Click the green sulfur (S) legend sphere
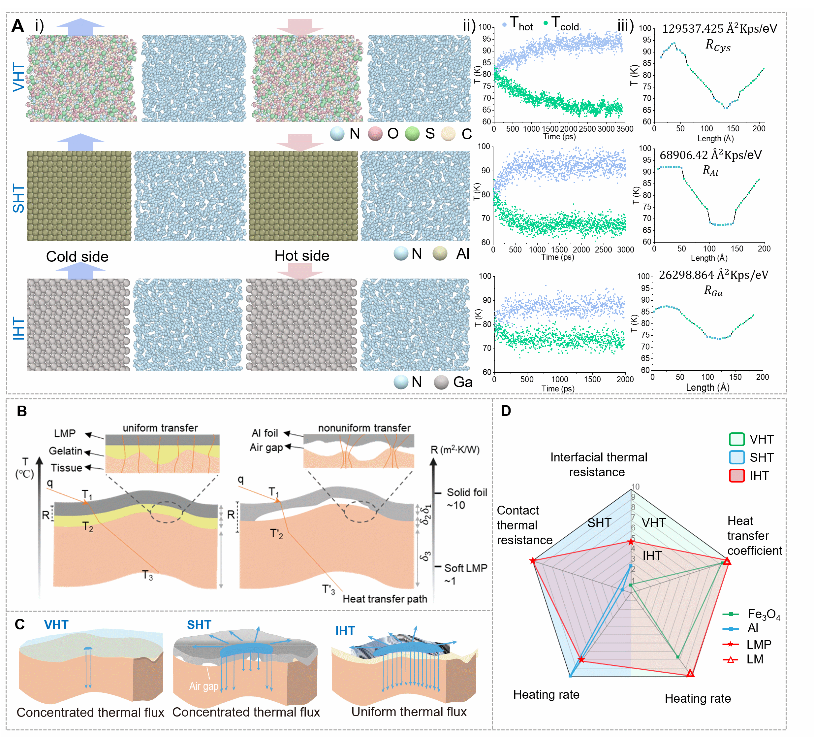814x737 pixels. click(x=412, y=133)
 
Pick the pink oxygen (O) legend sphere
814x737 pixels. click(x=375, y=133)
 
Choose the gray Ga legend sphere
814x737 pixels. click(x=441, y=382)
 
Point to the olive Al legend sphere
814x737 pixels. click(x=440, y=254)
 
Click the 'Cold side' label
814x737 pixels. click(x=77, y=256)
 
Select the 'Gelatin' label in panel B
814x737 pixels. click(x=65, y=451)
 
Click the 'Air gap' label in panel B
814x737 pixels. click(x=266, y=447)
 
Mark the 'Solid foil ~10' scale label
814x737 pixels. click(x=466, y=499)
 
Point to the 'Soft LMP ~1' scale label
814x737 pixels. click(x=465, y=574)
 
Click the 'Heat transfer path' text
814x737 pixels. click(x=385, y=599)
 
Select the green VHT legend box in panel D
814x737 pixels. click(x=736, y=439)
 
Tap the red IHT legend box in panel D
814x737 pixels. click(x=736, y=476)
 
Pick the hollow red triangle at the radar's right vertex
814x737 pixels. click(x=727, y=561)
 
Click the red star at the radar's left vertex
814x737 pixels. click(x=533, y=560)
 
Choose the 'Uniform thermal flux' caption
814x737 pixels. click(x=409, y=712)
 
